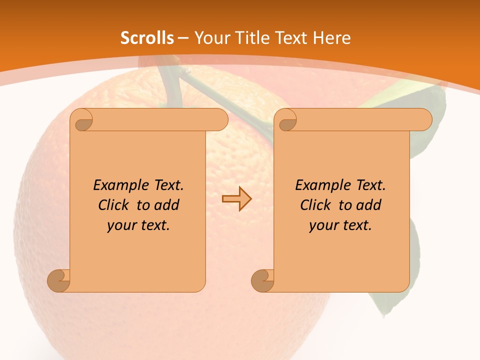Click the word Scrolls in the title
147,37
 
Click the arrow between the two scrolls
236,199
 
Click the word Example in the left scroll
119,185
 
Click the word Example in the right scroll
321,185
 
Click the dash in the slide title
183,37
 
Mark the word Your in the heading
210,37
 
